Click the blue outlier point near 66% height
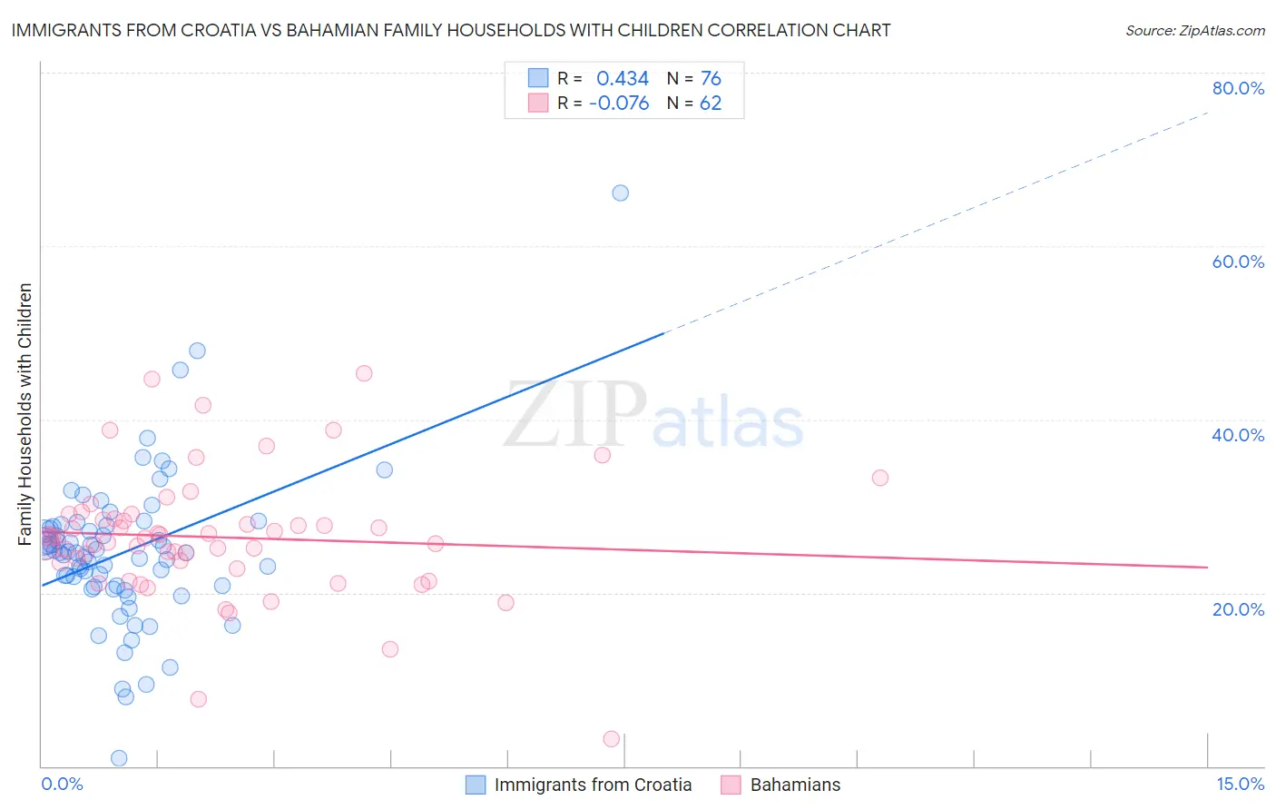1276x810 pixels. click(x=620, y=193)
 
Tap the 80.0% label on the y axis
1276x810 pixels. click(x=1238, y=88)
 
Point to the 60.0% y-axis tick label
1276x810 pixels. click(x=1238, y=262)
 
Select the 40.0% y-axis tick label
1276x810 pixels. click(x=1238, y=435)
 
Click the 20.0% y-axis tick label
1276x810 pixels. click(x=1238, y=609)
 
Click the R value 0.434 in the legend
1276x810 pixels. click(x=623, y=78)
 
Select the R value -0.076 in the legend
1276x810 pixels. click(x=619, y=104)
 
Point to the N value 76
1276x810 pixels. click(x=711, y=78)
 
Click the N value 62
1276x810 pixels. click(x=711, y=104)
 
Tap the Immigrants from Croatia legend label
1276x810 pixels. click(x=593, y=785)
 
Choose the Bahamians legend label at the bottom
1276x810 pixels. click(x=795, y=785)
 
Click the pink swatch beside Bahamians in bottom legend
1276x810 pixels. click(x=731, y=785)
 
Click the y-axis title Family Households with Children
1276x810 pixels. click(x=25, y=414)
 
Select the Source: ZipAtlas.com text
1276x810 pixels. click(x=1194, y=31)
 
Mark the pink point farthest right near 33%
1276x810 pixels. click(x=879, y=478)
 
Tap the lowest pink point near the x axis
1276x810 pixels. click(x=612, y=739)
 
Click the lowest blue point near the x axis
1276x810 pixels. click(x=119, y=758)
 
